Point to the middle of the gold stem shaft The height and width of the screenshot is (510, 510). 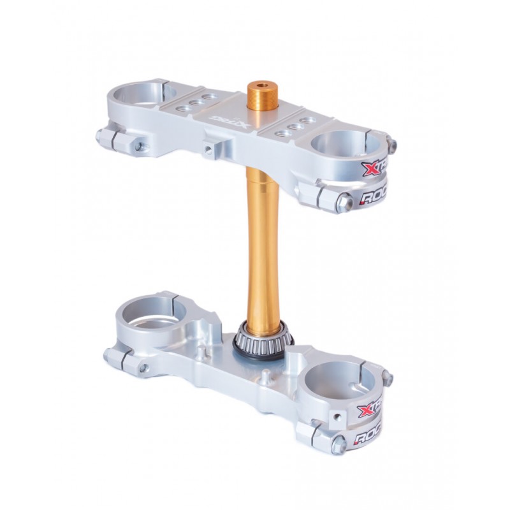(x=262, y=242)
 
